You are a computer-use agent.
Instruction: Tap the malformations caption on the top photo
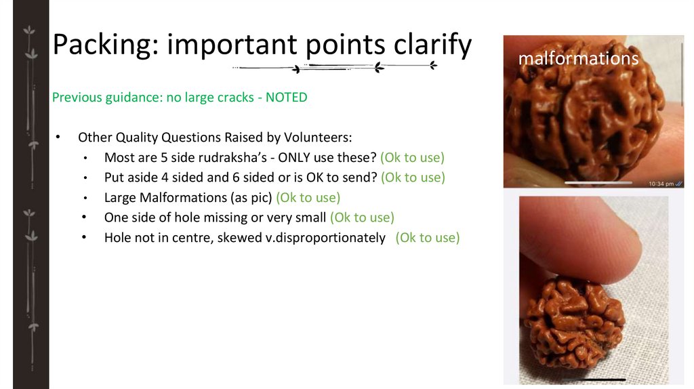578,58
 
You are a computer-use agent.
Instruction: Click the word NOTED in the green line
286,98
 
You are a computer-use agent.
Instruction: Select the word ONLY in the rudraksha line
296,158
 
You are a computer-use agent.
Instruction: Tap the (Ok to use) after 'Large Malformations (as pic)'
308,198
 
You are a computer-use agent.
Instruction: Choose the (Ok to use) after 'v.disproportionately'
428,238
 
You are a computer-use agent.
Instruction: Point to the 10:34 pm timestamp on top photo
661,183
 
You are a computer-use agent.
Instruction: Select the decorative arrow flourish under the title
335,67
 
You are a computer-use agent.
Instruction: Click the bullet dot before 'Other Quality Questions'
58,138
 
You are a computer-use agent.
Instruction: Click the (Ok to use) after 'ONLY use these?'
412,158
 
